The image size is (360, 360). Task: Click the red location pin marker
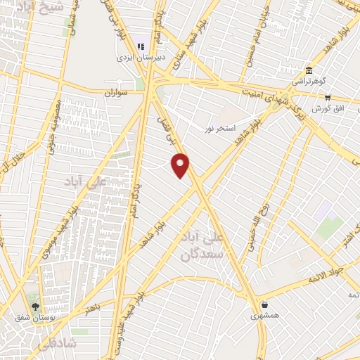(x=181, y=165)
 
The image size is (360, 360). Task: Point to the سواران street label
(x=117, y=92)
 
